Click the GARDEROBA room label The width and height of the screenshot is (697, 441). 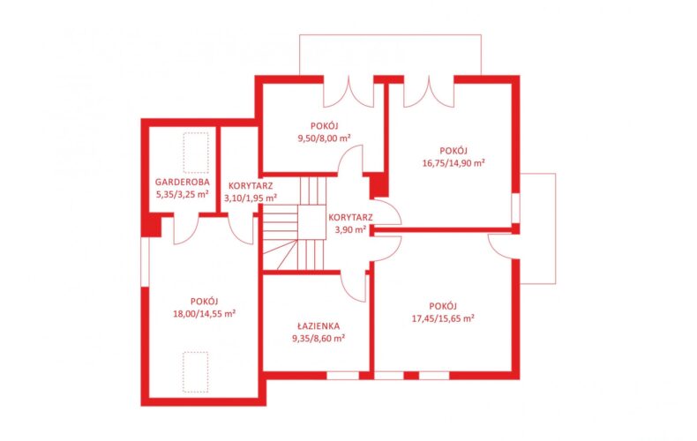coord(183,182)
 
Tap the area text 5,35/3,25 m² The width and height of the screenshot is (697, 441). coord(183,194)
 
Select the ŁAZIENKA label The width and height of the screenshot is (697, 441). coord(319,325)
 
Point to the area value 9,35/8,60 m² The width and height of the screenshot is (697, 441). coord(319,339)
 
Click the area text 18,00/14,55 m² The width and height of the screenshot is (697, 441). coord(205,313)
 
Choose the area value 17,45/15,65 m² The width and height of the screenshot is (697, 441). coord(443,318)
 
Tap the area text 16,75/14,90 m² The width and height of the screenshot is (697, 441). coord(453,162)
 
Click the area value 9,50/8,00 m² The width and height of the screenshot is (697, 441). coord(324,138)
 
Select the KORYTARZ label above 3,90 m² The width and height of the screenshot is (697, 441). coord(351,217)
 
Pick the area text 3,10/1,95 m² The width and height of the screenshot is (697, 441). coord(251,198)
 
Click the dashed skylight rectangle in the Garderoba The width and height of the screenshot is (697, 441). coord(196,153)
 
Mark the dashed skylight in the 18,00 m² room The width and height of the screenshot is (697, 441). coord(196,372)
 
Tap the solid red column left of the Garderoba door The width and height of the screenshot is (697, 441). coord(152,225)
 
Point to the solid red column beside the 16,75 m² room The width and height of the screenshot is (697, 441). coord(379,185)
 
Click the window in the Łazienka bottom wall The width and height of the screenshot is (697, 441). coord(342,376)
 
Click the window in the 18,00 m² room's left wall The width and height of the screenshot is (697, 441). coord(145,262)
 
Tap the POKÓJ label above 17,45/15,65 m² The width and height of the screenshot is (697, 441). coord(443,306)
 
